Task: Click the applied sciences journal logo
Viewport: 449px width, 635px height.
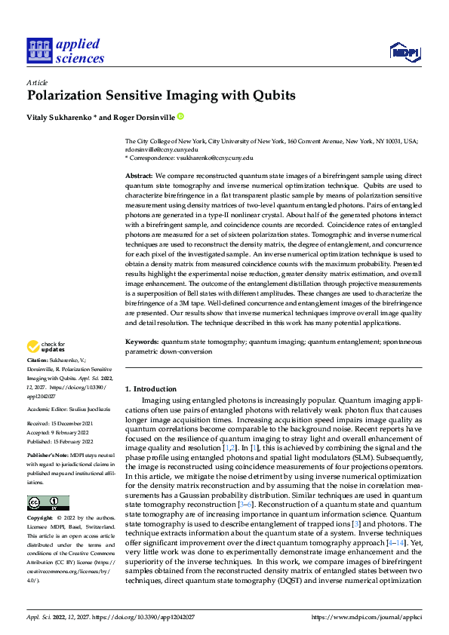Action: [65, 51]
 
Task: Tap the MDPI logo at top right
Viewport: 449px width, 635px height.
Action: [404, 51]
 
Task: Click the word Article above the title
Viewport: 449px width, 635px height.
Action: [36, 83]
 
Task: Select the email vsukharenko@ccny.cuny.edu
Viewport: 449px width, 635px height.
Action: [216, 158]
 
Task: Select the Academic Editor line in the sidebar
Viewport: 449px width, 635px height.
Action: [68, 408]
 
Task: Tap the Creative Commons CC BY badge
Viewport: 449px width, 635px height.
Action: [48, 503]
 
